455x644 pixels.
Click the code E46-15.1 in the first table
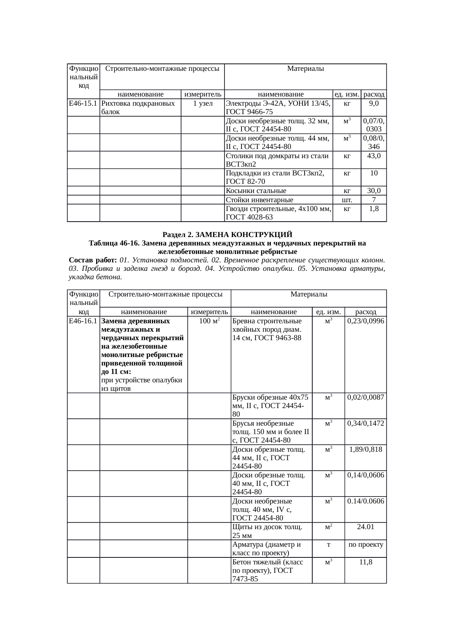[83, 103]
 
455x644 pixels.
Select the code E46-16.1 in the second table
[83, 321]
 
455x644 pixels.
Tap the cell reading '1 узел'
[203, 103]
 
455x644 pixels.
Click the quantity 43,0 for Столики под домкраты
[374, 156]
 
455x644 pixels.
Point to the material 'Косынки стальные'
[256, 191]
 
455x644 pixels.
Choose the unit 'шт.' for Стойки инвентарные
[347, 200]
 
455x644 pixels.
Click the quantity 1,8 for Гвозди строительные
[374, 209]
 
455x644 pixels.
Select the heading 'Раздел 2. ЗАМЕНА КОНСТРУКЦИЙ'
[227, 234]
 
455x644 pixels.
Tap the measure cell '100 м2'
[209, 321]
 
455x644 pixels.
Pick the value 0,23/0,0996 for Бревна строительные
[365, 321]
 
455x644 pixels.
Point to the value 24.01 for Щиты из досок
[365, 527]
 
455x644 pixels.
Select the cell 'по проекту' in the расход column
[365, 545]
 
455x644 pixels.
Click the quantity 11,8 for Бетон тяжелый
[365, 562]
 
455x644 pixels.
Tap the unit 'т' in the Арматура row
[328, 545]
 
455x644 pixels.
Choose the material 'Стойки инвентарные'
[259, 200]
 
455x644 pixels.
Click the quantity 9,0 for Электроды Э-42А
[374, 103]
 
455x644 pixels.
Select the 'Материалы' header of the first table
[305, 69]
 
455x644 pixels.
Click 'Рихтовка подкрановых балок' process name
[138, 108]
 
